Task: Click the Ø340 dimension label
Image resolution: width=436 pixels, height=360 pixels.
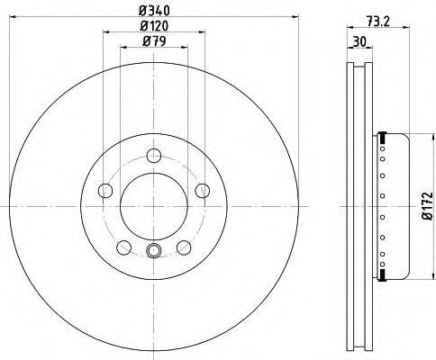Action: tap(154, 11)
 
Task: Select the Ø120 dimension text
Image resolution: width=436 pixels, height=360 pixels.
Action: tap(154, 26)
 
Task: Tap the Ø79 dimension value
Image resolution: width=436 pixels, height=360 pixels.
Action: tap(154, 41)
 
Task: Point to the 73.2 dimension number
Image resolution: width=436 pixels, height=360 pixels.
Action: tap(377, 22)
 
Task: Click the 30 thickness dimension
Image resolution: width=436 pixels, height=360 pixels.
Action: tap(359, 41)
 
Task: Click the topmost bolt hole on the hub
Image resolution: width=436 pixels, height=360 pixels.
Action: tap(154, 156)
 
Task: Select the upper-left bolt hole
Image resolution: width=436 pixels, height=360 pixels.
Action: tap(105, 191)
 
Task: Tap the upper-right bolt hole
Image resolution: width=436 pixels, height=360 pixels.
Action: tap(203, 191)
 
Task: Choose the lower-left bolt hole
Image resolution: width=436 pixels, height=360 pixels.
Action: tap(124, 247)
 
